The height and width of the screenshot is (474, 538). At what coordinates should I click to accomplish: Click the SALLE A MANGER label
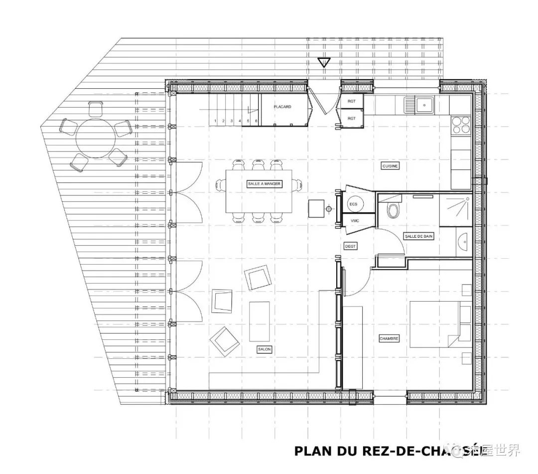[x=264, y=184]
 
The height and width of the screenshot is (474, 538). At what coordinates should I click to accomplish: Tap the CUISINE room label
[x=390, y=166]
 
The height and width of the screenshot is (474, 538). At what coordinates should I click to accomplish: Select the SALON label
[x=264, y=349]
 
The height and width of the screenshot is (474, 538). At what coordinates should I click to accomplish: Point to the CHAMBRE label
[x=389, y=338]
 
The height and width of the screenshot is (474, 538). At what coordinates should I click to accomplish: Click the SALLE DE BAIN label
[x=418, y=236]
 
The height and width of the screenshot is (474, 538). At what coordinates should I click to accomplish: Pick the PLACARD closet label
[x=282, y=107]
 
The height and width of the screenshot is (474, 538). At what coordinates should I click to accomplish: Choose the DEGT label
[x=350, y=246]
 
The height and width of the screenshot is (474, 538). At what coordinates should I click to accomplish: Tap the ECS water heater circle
[x=353, y=204]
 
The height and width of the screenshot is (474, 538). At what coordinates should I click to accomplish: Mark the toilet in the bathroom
[x=394, y=210]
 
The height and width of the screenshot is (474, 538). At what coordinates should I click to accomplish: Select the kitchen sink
[x=424, y=105]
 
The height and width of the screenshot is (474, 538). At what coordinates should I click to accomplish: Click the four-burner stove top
[x=460, y=125]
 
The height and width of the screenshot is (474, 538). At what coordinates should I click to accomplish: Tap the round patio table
[x=95, y=136]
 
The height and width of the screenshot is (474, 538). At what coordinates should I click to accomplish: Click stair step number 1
[x=215, y=121]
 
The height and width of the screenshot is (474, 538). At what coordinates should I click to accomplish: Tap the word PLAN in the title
[x=312, y=451]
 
